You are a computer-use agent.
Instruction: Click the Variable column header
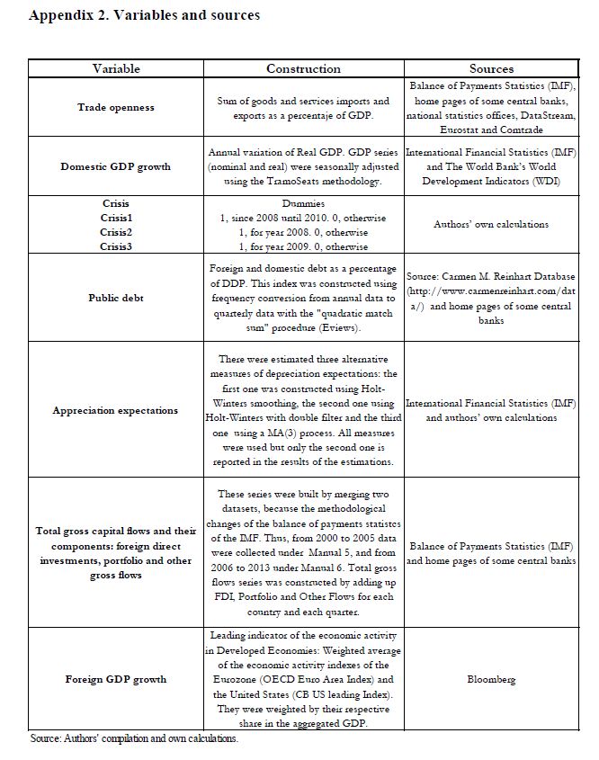pos(116,68)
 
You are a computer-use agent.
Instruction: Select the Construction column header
pos(303,68)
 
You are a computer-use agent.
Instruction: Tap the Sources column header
pos(491,68)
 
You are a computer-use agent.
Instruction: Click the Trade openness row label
pos(116,108)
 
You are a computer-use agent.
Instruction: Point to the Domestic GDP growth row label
pos(116,167)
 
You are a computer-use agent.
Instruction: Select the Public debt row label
pos(116,297)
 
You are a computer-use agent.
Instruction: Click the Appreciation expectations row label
pos(116,411)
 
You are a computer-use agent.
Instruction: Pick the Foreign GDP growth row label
pos(116,680)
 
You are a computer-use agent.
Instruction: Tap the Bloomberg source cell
pos(491,680)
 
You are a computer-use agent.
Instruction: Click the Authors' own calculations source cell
pos(491,224)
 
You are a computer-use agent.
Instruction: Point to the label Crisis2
pos(116,232)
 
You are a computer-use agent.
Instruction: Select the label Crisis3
pos(116,246)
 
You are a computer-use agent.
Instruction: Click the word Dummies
pos(303,204)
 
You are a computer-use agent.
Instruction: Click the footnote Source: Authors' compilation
pos(134,738)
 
